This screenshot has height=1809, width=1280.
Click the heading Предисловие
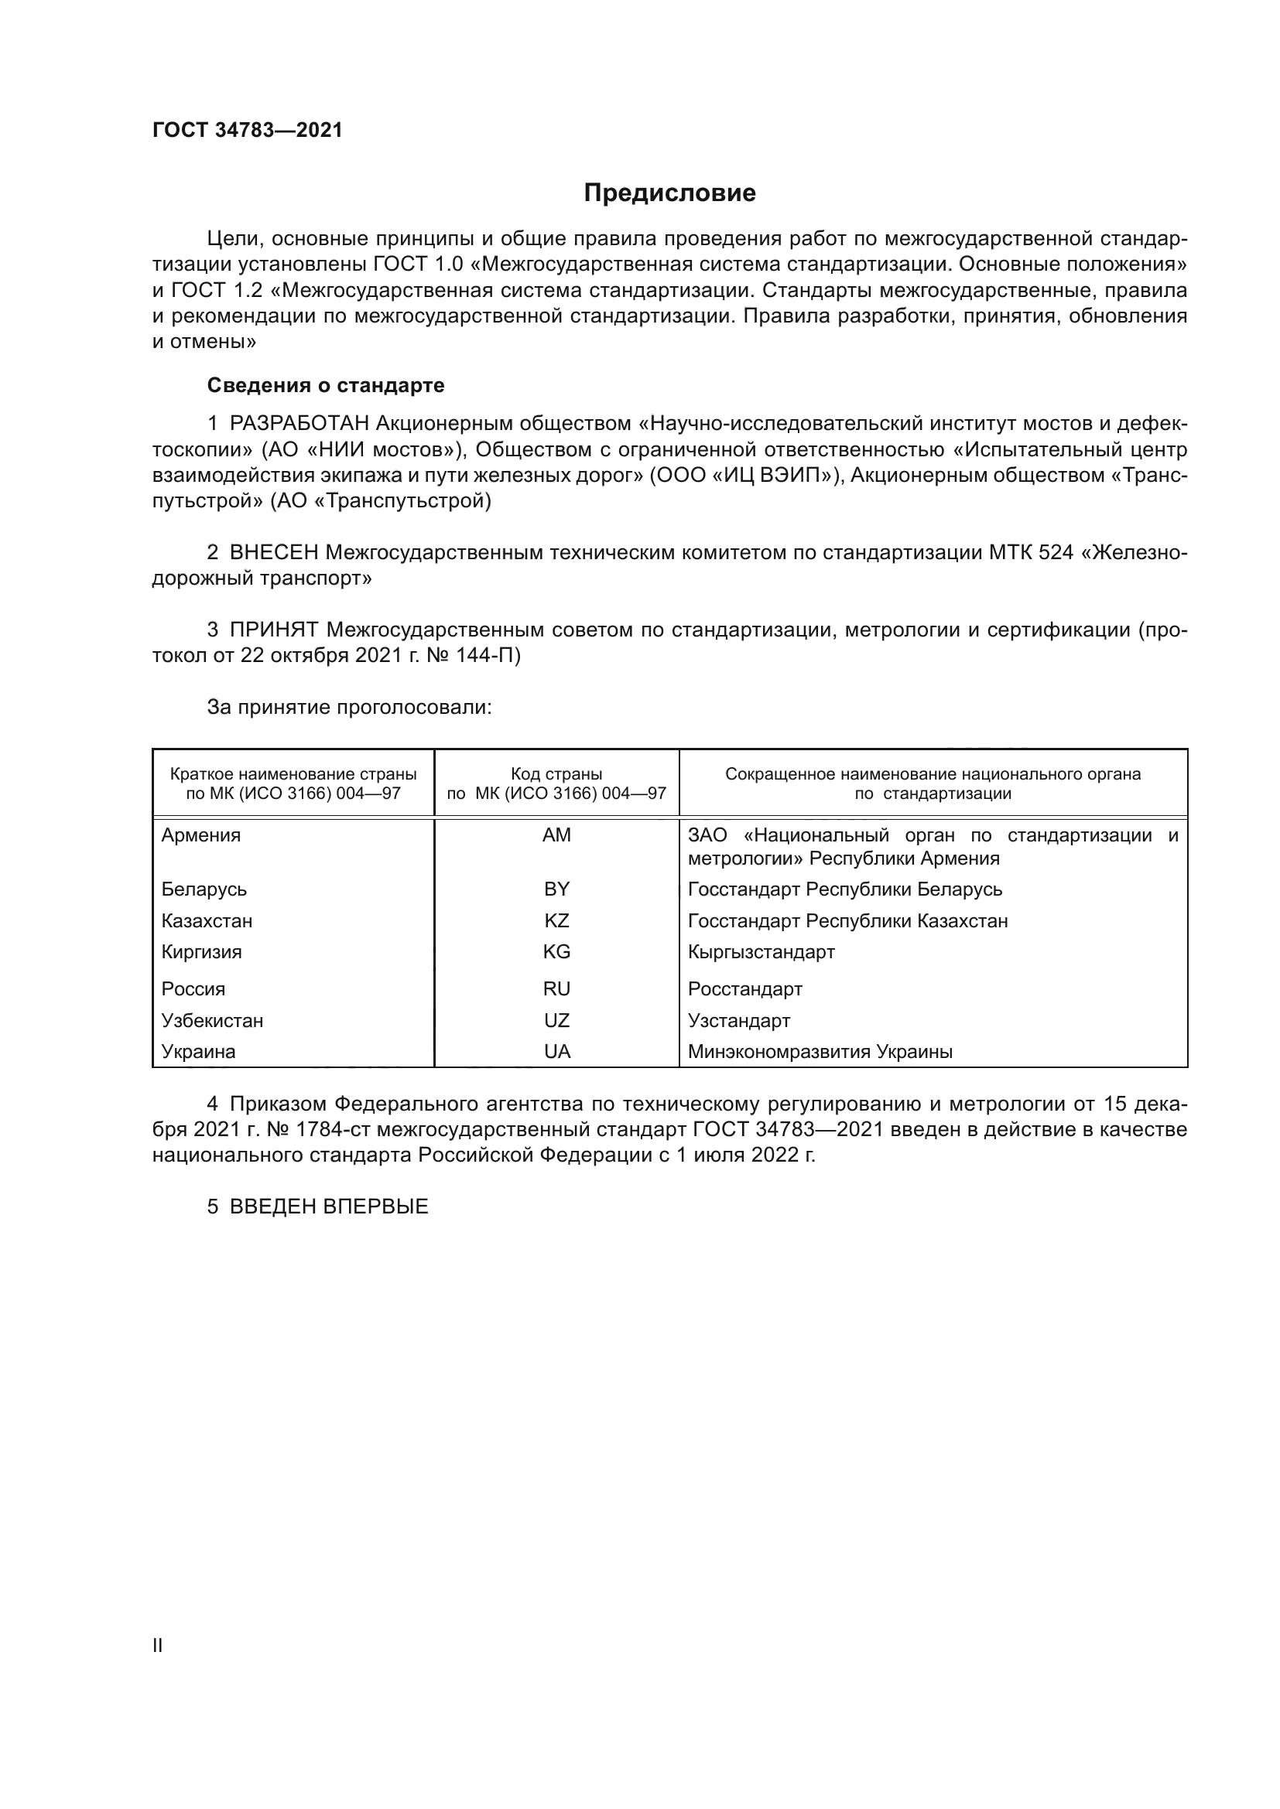(669, 193)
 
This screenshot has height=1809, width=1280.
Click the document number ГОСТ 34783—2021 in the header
(248, 131)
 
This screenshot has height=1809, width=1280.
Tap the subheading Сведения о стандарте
(326, 385)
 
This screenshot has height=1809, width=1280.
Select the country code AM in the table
(556, 835)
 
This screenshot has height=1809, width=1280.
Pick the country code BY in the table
(556, 889)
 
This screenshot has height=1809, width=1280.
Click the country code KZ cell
(556, 921)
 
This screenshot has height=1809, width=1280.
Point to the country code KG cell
(556, 952)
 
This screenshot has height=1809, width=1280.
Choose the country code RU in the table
(556, 989)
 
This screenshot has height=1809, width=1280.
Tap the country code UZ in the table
(556, 1021)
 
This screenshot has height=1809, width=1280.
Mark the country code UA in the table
(556, 1052)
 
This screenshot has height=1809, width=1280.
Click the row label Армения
(201, 835)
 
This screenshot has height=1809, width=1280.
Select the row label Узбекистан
(212, 1021)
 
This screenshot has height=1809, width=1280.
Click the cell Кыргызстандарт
(761, 952)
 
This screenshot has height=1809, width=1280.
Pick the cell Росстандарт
(744, 989)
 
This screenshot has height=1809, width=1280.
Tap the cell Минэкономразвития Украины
(820, 1052)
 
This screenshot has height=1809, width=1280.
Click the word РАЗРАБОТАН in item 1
(299, 424)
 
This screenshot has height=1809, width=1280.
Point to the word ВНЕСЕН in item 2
(273, 553)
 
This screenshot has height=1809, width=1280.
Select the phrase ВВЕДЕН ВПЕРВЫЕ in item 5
(329, 1207)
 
